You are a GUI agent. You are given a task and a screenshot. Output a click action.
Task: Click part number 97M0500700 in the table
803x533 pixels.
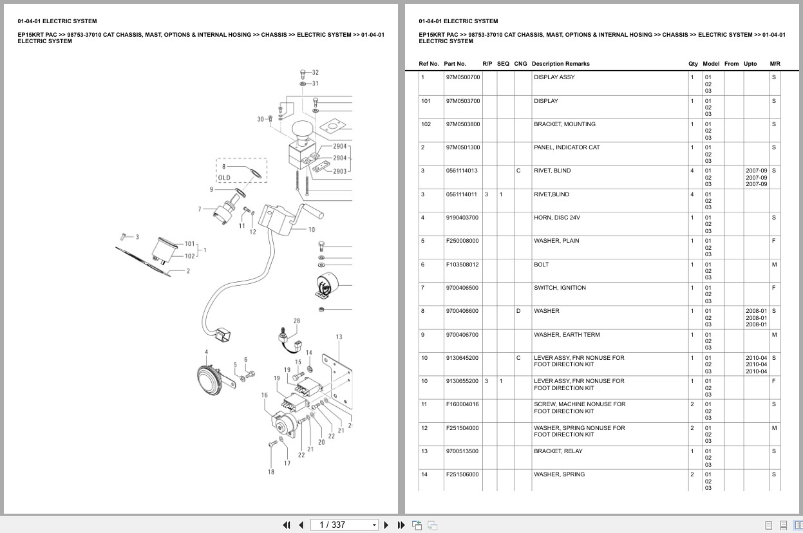(462, 77)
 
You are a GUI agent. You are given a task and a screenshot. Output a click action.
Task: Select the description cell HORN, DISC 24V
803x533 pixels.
(556, 218)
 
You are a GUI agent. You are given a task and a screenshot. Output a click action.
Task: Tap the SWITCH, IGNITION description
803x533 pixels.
(560, 288)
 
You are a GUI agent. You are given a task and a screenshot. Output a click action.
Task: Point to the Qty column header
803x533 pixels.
(693, 64)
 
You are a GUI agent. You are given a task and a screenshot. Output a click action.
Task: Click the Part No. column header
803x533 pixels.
(455, 64)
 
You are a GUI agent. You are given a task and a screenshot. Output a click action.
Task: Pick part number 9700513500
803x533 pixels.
(462, 451)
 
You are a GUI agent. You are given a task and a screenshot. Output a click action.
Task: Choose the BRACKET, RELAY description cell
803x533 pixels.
(556, 451)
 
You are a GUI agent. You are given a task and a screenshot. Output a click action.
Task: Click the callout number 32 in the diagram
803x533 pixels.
(315, 73)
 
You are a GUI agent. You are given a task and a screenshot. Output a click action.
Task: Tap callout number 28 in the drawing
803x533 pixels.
(296, 321)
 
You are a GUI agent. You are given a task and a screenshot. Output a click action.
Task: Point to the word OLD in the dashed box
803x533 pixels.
(224, 178)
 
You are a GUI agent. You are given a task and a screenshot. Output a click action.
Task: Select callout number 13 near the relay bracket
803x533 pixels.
(339, 337)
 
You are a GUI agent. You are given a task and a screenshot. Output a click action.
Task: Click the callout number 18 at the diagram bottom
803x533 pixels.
(271, 472)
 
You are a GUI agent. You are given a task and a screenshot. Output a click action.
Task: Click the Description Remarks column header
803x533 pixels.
(560, 64)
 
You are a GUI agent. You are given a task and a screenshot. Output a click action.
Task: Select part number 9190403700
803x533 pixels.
(462, 218)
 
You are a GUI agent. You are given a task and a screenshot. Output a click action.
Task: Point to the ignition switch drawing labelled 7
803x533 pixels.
(225, 212)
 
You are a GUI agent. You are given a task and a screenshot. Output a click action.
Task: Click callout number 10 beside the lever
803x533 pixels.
(312, 230)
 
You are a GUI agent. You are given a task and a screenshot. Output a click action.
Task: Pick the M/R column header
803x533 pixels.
(775, 64)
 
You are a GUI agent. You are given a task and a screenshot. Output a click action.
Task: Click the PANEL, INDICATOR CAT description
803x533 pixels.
(566, 147)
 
